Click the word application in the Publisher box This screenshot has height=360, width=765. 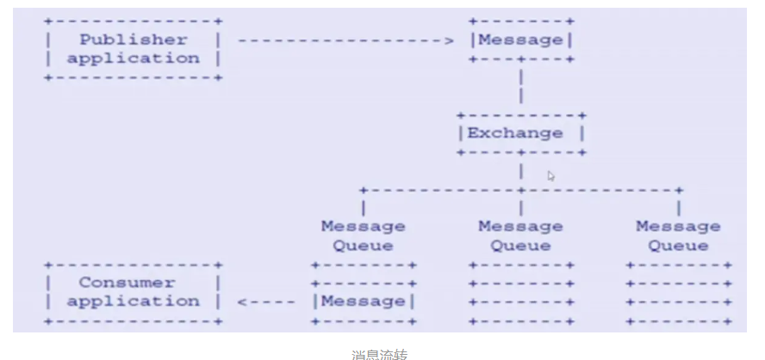133,59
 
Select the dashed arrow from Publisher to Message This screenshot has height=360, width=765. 345,40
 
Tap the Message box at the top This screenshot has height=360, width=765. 521,40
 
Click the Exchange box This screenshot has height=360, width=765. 521,133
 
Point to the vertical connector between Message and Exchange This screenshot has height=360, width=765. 521,87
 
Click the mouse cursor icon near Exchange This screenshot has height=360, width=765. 551,176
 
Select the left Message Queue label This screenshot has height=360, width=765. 364,236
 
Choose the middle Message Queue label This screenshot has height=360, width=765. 520,236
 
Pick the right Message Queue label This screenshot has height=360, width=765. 678,236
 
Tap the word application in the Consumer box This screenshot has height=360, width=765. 133,301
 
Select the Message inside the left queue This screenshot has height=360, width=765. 364,301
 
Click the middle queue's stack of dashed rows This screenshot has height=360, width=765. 521,293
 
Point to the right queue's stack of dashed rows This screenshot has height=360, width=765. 679,293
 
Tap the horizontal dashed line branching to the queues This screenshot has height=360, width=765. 439,189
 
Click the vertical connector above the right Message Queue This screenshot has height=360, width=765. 679,208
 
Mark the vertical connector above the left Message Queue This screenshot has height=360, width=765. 364,208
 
